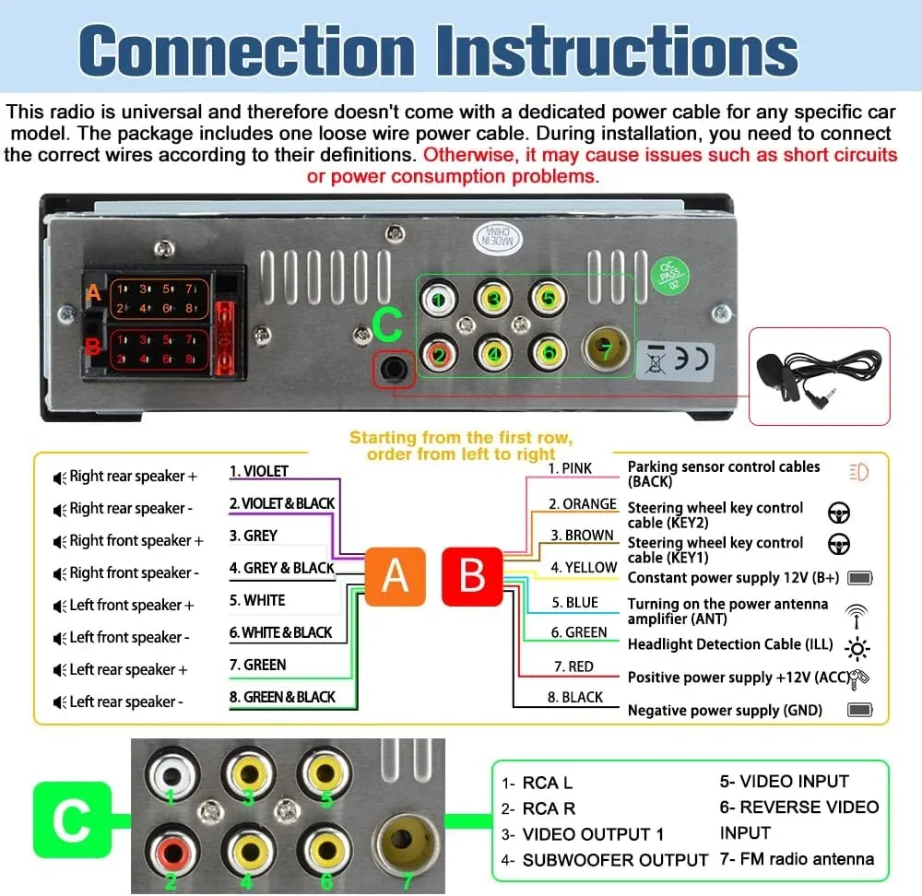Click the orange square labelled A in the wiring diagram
click(x=395, y=576)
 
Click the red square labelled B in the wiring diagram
click(x=472, y=576)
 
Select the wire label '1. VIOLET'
click(x=259, y=471)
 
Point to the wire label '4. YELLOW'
click(x=584, y=568)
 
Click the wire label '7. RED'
click(x=573, y=666)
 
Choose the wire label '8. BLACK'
click(x=575, y=698)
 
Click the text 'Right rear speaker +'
click(x=133, y=477)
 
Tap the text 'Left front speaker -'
click(x=129, y=637)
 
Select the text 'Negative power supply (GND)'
click(x=725, y=710)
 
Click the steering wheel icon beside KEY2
click(x=840, y=513)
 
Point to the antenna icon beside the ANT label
click(x=857, y=613)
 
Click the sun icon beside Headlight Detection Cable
click(x=857, y=649)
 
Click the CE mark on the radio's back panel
click(x=691, y=357)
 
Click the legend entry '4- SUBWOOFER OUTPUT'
click(x=605, y=860)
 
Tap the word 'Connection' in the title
click(x=248, y=51)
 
